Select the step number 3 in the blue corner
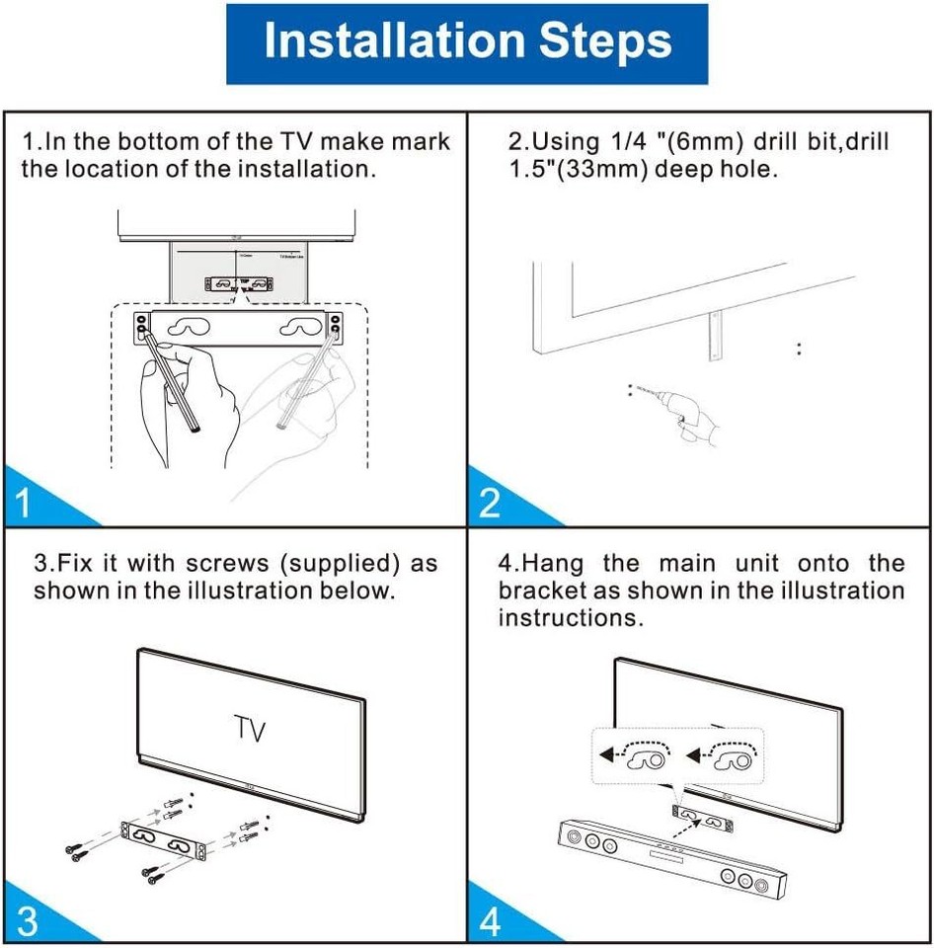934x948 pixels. click(28, 921)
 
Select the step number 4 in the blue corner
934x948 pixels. click(491, 921)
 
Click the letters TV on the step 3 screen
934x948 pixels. click(251, 731)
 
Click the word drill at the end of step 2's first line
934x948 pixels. click(862, 142)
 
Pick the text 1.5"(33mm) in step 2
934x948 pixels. click(576, 169)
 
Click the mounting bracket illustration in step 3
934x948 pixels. click(162, 840)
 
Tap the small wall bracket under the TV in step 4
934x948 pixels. click(703, 815)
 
